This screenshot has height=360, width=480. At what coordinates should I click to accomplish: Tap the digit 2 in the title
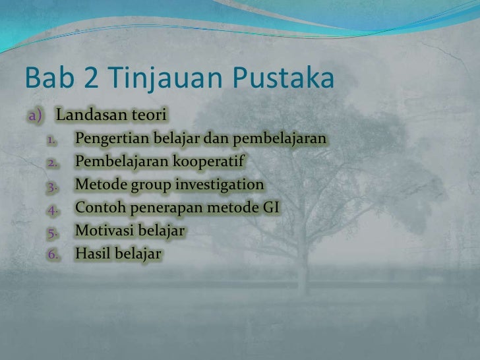(x=91, y=80)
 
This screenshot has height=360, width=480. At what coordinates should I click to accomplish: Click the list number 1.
(x=53, y=140)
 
